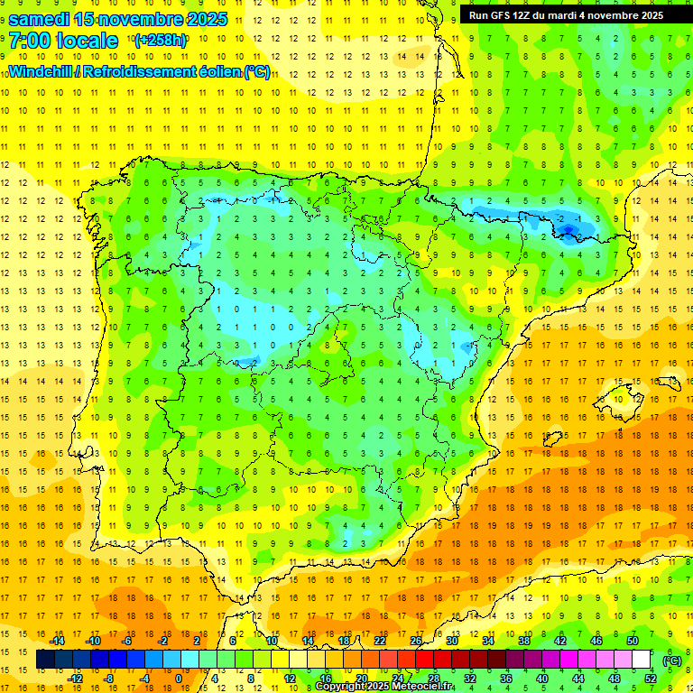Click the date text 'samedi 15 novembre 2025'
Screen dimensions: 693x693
tap(118, 19)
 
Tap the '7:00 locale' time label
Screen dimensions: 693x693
tap(63, 41)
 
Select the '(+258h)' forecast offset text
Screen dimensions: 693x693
tap(160, 41)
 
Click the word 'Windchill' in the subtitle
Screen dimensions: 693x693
tap(42, 71)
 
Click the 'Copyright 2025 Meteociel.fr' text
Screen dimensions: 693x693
tap(384, 687)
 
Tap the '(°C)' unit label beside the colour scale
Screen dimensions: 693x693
tap(671, 661)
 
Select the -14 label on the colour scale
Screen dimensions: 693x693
tap(58, 641)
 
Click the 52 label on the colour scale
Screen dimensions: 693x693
tap(651, 679)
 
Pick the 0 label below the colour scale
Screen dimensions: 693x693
tap(178, 679)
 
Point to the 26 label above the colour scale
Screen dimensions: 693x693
tap(416, 641)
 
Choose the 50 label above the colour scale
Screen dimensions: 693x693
tap(632, 641)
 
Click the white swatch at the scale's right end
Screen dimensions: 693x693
tap(641, 660)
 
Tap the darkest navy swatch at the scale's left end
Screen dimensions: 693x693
tap(45, 660)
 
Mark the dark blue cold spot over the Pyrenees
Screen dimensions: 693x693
tap(568, 231)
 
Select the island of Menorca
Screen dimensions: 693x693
tap(671, 374)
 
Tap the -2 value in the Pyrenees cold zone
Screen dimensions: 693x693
tap(560, 218)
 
